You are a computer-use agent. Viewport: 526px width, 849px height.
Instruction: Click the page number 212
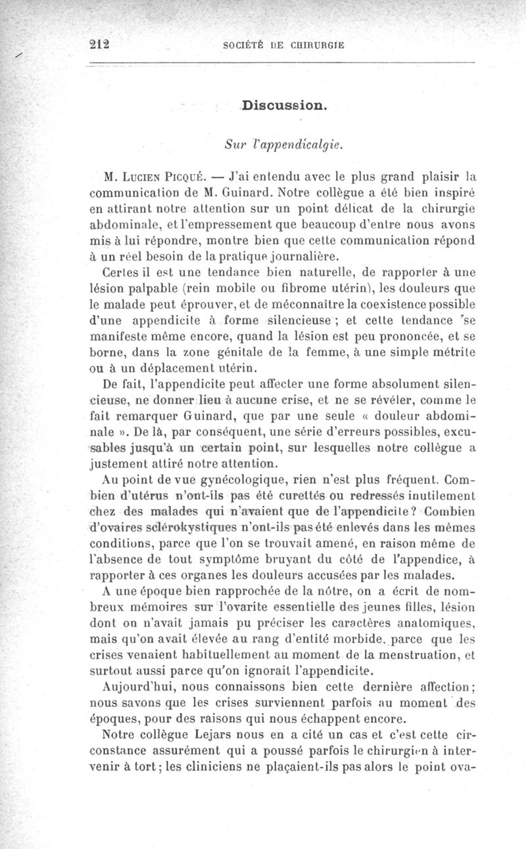click(99, 45)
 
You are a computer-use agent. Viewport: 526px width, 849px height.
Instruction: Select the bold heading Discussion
click(285, 105)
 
